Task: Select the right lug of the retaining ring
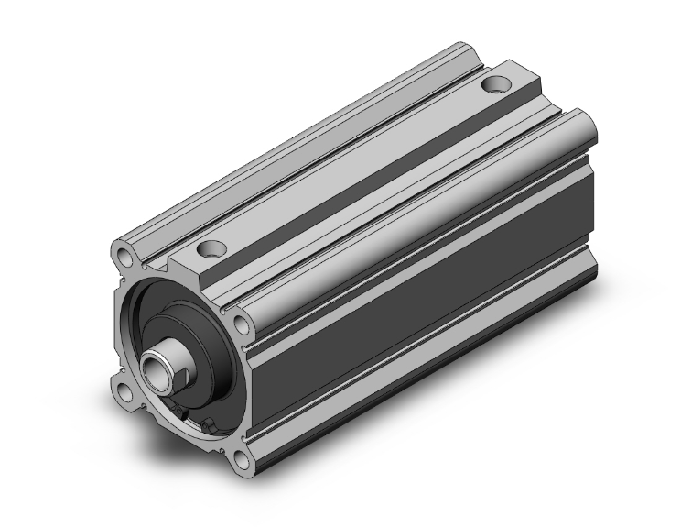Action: [211, 423]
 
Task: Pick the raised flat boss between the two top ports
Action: [357, 165]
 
